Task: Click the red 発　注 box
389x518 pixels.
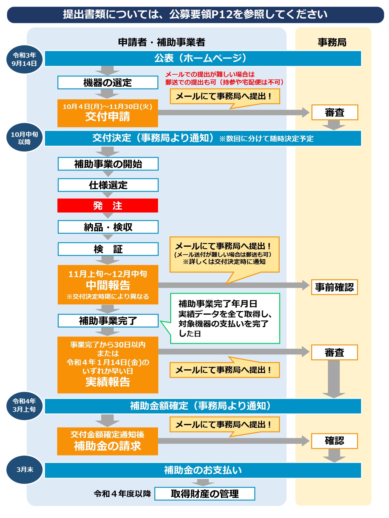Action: (108, 205)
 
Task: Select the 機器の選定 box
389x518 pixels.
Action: (108, 83)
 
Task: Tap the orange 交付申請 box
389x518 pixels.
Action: (108, 113)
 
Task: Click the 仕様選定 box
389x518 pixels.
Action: (108, 185)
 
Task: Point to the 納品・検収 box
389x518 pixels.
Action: (108, 227)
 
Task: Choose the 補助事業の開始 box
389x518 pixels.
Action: (108, 164)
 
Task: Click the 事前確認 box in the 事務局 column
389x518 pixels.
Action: (334, 287)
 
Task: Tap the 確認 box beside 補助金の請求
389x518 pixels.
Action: (334, 441)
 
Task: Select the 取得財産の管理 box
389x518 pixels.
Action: (205, 494)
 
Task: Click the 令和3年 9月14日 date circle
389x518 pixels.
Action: (24, 59)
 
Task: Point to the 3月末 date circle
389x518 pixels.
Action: (25, 469)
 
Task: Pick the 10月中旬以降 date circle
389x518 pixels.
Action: (24, 138)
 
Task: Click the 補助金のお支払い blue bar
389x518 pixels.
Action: (203, 470)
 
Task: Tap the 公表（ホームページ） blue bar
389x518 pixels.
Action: (203, 58)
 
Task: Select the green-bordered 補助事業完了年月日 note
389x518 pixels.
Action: (225, 318)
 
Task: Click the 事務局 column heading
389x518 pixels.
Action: (332, 42)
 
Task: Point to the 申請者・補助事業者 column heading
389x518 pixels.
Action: (161, 42)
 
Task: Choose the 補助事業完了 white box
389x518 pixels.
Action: (108, 320)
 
